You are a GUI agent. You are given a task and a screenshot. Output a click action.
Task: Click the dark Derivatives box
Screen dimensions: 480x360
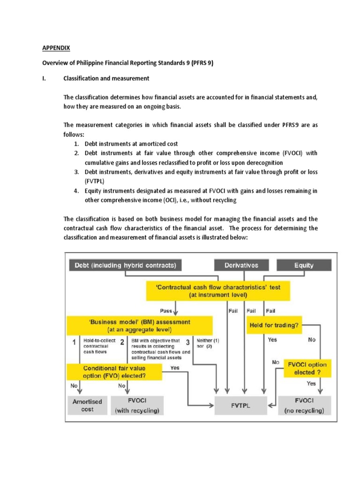pyautogui.click(x=241, y=265)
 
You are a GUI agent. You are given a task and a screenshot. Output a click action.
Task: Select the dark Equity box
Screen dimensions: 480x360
pyautogui.click(x=304, y=265)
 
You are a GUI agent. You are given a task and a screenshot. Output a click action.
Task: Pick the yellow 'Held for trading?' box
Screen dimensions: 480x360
pyautogui.click(x=274, y=325)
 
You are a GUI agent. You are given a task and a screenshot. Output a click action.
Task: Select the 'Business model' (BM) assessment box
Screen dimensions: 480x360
pyautogui.click(x=139, y=325)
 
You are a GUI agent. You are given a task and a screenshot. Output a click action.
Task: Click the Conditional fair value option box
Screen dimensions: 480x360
pyautogui.click(x=114, y=372)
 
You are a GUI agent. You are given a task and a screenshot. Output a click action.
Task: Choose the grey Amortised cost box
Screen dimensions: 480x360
pyautogui.click(x=87, y=405)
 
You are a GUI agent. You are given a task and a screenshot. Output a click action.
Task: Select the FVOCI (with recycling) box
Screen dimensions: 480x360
pyautogui.click(x=137, y=405)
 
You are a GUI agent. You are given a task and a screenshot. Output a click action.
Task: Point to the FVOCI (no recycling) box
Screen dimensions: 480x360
pyautogui.click(x=304, y=405)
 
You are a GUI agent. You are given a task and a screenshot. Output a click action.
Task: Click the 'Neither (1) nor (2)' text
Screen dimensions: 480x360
pyautogui.click(x=203, y=343)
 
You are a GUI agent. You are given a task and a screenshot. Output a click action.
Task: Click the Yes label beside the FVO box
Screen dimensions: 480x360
pyautogui.click(x=175, y=368)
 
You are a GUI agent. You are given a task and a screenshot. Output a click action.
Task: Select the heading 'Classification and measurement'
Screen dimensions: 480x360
pyautogui.click(x=106, y=78)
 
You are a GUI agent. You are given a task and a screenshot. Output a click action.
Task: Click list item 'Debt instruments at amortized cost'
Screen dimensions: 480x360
pyautogui.click(x=131, y=143)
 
